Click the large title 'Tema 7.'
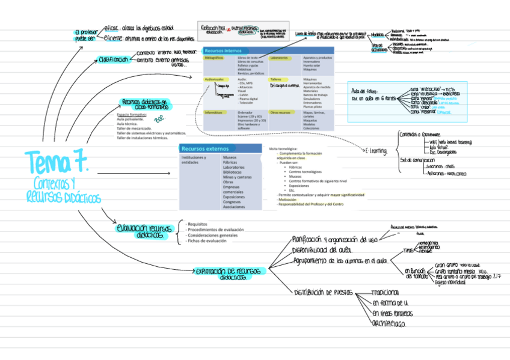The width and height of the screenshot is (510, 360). click(57, 162)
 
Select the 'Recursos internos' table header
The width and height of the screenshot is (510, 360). click(225, 50)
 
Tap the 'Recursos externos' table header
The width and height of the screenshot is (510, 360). click(204, 148)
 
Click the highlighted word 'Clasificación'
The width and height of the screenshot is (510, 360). click(112, 59)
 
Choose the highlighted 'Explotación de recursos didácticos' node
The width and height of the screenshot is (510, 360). click(229, 273)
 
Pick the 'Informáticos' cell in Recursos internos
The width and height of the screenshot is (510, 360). click(214, 112)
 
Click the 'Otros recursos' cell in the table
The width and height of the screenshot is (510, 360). click(280, 112)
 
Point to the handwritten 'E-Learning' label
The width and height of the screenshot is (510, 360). click(376, 150)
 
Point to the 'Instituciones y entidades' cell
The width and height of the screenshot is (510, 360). click(194, 160)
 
